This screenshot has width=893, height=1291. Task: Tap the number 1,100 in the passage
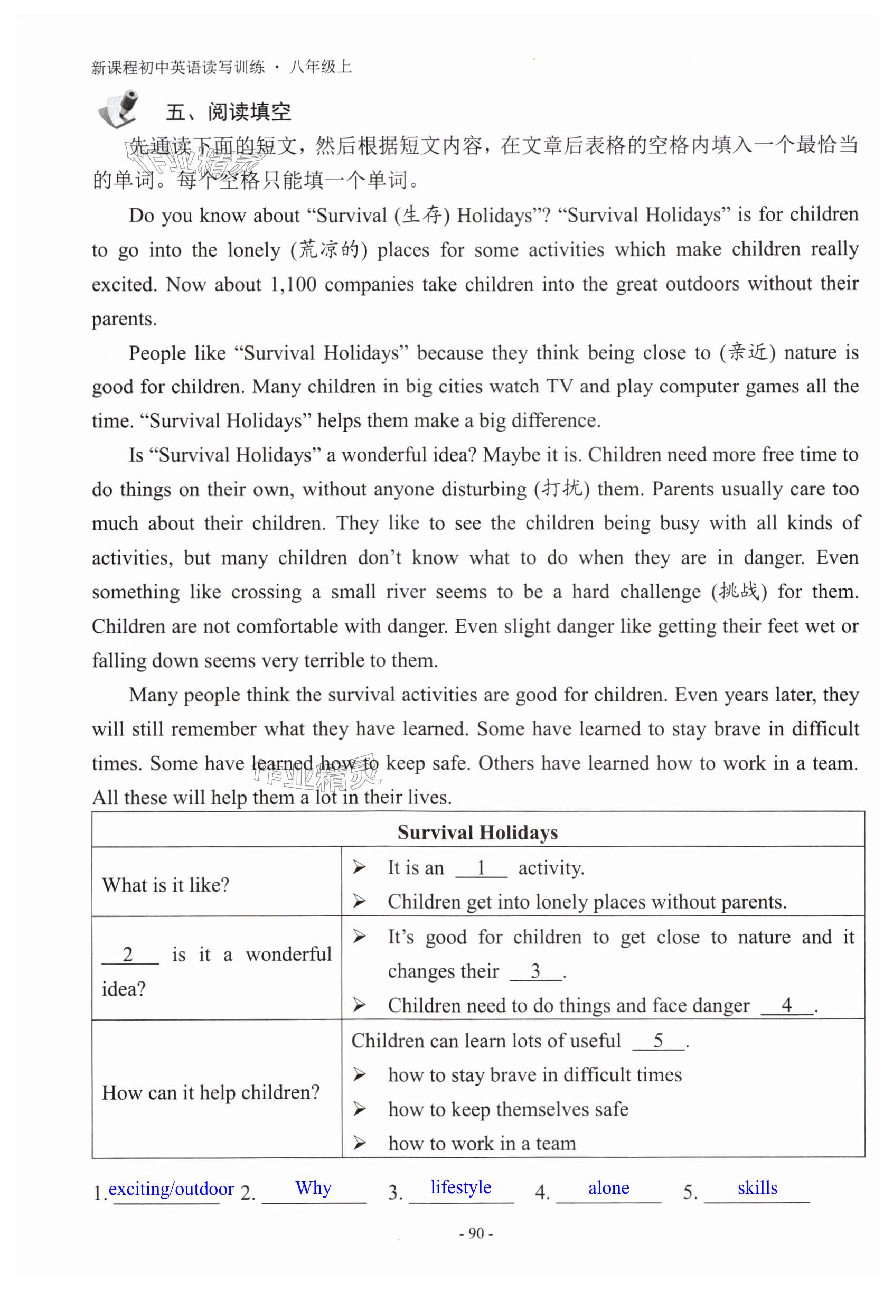pyautogui.click(x=293, y=285)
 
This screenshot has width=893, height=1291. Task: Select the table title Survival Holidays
pyautogui.click(x=477, y=832)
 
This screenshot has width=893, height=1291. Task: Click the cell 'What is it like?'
pyautogui.click(x=166, y=885)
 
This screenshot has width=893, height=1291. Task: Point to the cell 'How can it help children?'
pyautogui.click(x=210, y=1092)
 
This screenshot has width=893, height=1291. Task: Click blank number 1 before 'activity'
pyautogui.click(x=481, y=868)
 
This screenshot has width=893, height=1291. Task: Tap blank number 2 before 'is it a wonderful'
pyautogui.click(x=129, y=954)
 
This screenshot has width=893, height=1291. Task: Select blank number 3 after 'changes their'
pyautogui.click(x=535, y=971)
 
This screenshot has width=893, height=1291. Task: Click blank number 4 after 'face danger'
pyautogui.click(x=786, y=1005)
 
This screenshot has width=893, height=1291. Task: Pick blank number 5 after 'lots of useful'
pyautogui.click(x=658, y=1040)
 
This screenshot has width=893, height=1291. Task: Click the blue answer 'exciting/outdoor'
pyautogui.click(x=171, y=1188)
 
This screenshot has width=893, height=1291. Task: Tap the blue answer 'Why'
pyautogui.click(x=313, y=1187)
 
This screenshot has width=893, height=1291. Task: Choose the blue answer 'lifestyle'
pyautogui.click(x=460, y=1187)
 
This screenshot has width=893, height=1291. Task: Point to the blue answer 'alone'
pyautogui.click(x=608, y=1187)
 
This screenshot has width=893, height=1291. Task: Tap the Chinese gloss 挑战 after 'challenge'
pyautogui.click(x=739, y=592)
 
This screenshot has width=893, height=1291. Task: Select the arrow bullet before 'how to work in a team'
pyautogui.click(x=359, y=1143)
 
